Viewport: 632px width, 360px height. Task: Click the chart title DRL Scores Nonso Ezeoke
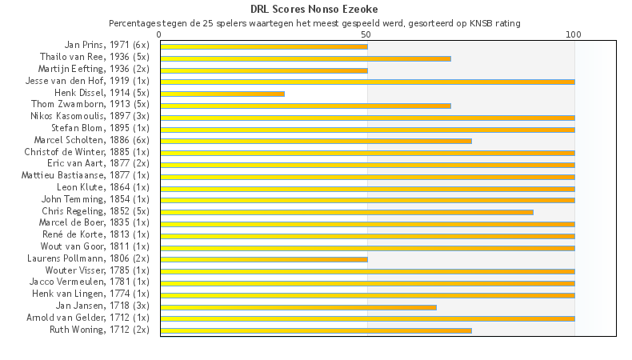pos(314,10)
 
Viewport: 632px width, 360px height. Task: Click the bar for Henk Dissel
pos(222,94)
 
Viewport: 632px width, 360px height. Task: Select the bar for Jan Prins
pos(264,46)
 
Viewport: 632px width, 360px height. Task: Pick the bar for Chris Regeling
pos(346,212)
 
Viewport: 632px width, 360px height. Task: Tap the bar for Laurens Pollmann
pos(264,259)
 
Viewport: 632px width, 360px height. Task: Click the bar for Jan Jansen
pos(298,306)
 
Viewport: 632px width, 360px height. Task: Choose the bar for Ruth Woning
pos(316,330)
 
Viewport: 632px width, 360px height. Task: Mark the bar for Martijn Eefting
pos(264,70)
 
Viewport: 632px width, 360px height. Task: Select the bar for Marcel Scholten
pos(316,141)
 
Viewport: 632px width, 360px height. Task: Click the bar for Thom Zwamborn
pos(306,106)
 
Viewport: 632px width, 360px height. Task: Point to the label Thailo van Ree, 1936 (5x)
pos(94,57)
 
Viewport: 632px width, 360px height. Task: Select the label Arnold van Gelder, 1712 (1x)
pos(92,318)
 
